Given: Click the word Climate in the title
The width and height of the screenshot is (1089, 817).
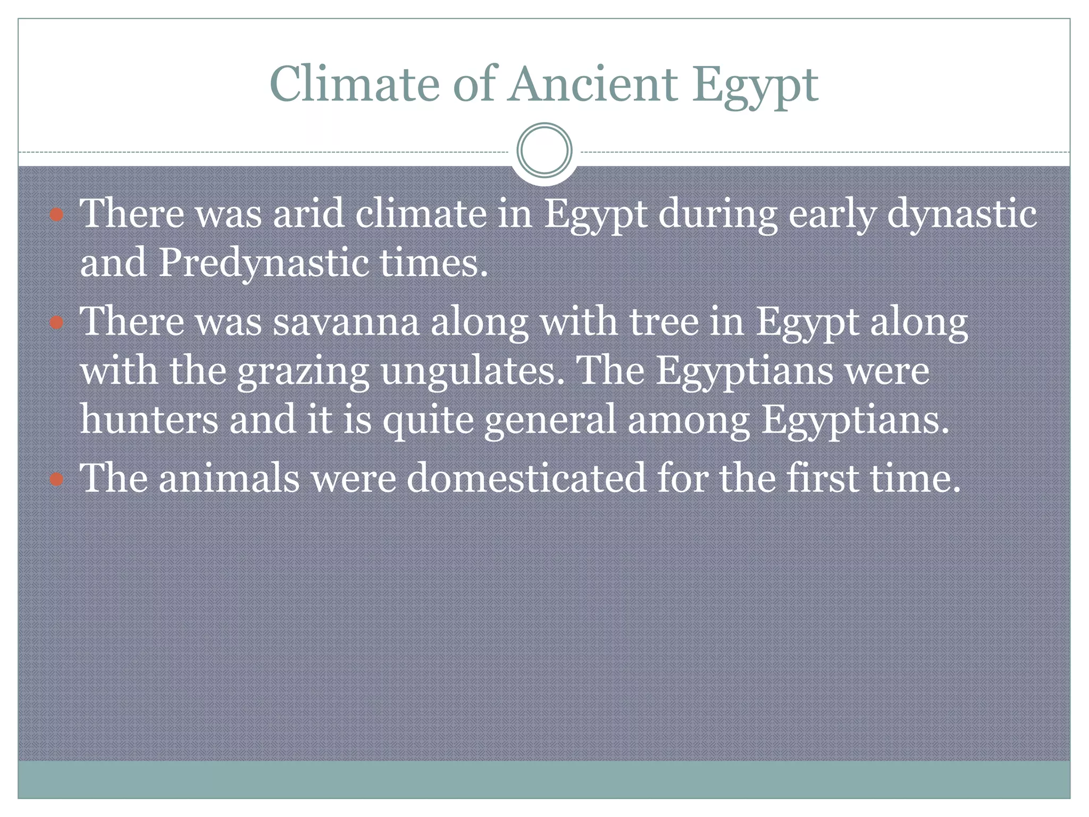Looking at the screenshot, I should pyautogui.click(x=354, y=84).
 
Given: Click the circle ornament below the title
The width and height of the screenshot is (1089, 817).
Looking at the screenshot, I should pyautogui.click(x=544, y=150).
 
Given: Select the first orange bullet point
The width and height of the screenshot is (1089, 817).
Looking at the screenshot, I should pyautogui.click(x=56, y=215).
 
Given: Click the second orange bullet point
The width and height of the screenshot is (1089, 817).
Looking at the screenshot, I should pyautogui.click(x=56, y=323).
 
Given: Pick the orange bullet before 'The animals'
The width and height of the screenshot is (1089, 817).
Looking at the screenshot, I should pyautogui.click(x=56, y=479).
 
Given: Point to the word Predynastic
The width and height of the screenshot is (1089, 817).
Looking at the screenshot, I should pyautogui.click(x=263, y=263).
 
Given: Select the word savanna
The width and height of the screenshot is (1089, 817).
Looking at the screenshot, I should pyautogui.click(x=346, y=322).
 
